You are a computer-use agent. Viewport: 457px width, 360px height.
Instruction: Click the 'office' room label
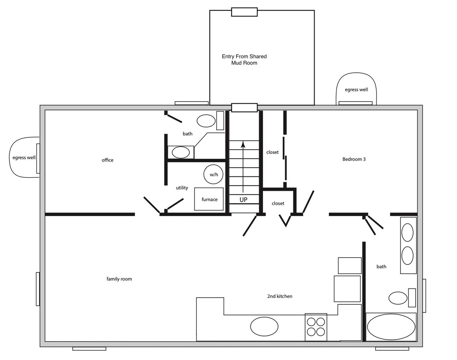[107, 160]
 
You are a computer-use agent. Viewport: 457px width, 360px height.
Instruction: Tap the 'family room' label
[119, 279]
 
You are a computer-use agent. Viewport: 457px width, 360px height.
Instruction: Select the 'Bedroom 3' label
[354, 159]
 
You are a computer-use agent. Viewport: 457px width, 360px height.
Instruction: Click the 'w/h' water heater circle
[214, 174]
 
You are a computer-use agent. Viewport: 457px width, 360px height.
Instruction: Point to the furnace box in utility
[209, 199]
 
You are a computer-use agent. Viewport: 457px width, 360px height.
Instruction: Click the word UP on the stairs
[243, 200]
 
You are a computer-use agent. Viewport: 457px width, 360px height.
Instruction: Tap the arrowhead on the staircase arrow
[243, 144]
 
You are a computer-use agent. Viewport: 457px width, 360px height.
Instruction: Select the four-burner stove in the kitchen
[316, 328]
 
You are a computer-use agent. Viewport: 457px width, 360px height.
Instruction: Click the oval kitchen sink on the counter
[264, 326]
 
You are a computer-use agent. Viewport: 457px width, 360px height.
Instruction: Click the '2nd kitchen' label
[280, 296]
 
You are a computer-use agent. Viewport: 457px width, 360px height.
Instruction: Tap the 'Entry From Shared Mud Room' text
[244, 60]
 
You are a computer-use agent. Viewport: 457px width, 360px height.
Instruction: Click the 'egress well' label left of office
[24, 158]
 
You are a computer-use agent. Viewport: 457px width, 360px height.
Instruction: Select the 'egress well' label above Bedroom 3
[356, 90]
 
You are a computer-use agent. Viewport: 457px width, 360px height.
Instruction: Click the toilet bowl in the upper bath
[206, 121]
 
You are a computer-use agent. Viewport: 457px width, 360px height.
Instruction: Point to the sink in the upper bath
[181, 152]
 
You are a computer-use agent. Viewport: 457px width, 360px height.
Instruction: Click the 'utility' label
[182, 188]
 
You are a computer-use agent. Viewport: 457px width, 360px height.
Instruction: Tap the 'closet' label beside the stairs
[272, 152]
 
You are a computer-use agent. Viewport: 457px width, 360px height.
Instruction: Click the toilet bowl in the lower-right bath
[398, 298]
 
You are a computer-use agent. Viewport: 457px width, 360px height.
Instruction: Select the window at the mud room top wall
[244, 12]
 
